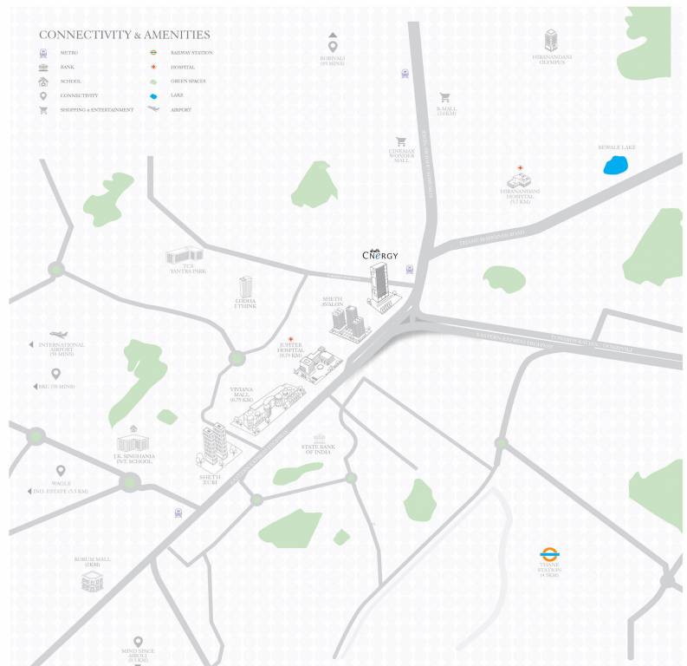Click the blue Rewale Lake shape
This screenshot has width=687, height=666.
coord(616,165)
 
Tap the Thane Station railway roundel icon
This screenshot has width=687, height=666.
coord(548,554)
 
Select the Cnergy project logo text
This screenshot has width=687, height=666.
coord(379,254)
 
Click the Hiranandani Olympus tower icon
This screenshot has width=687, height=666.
coord(551,40)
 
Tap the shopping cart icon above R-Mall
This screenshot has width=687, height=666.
coord(445,97)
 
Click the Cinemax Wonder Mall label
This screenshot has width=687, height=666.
coord(401,156)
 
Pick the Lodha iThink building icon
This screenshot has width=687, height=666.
coord(246,287)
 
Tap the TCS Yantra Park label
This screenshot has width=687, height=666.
coord(187,269)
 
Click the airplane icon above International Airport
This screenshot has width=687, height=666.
coord(58,334)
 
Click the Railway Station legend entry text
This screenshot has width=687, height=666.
coord(191,53)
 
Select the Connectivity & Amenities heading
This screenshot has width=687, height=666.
coord(125,35)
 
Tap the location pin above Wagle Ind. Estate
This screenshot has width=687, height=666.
coord(61,471)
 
